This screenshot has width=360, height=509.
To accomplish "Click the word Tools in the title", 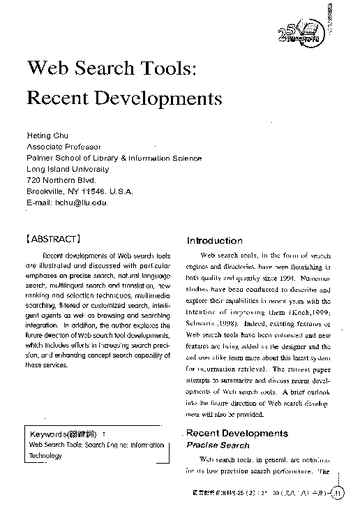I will click(x=160, y=68).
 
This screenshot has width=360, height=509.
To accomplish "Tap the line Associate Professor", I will click(x=63, y=147).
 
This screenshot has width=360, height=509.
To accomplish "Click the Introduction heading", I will click(x=214, y=241).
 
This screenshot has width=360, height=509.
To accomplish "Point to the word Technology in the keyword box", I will click(x=45, y=455).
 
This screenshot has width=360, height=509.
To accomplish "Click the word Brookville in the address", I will click(x=48, y=191).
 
